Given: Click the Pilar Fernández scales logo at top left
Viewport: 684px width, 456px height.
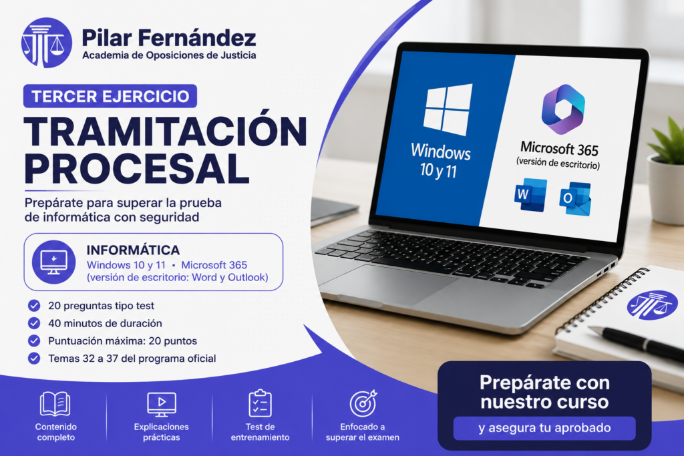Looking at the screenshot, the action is [47, 43].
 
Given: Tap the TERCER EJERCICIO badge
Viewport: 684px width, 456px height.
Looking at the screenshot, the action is [110, 96].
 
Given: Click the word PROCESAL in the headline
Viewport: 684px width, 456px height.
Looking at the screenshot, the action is [136, 169].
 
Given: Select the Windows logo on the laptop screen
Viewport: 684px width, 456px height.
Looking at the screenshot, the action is [448, 109].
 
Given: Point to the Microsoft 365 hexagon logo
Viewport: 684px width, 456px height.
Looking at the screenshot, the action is [563, 109].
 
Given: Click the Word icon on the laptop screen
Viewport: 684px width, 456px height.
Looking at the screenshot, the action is [530, 194].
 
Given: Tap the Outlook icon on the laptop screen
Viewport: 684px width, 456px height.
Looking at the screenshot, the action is [575, 199].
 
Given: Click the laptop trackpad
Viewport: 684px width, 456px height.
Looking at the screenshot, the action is [388, 284].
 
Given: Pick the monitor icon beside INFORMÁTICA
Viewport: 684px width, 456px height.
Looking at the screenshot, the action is [53, 262].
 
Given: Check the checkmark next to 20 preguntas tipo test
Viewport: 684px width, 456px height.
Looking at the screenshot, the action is [34, 306].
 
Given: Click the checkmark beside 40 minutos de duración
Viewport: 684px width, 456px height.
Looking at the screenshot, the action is [34, 323].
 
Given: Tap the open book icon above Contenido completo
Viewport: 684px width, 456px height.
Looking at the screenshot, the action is [55, 404].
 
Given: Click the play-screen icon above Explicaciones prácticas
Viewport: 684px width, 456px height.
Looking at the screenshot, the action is [162, 404].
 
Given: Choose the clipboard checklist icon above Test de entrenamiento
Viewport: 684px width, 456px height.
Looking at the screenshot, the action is [260, 403].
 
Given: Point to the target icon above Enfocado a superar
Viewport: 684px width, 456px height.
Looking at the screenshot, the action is [363, 403].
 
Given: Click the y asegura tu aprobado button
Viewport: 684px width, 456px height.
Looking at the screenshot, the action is [544, 428].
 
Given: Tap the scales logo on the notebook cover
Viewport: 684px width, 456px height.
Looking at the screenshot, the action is [652, 304].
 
